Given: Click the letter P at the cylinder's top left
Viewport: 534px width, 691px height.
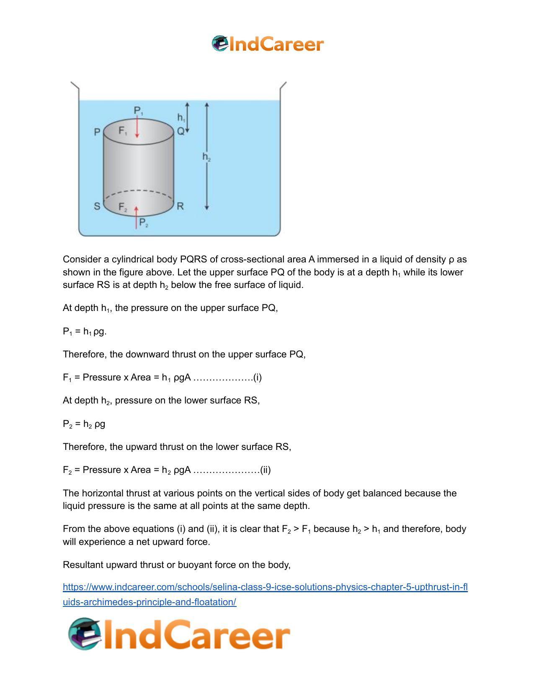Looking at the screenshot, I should click(x=97, y=132).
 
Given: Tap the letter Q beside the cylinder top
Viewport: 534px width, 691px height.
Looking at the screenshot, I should click(x=181, y=131).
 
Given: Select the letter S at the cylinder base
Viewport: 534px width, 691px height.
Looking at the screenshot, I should click(x=97, y=206).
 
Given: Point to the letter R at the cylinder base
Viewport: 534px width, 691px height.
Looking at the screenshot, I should click(x=180, y=206).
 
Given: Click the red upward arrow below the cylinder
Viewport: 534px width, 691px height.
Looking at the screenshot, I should click(x=136, y=217).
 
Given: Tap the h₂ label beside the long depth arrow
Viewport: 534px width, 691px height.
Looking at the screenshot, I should click(x=206, y=157).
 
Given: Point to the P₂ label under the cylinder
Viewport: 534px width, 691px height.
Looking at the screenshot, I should click(x=144, y=223).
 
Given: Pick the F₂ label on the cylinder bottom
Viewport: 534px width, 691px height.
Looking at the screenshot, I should click(x=123, y=207).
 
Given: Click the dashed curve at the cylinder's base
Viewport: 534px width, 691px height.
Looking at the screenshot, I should click(x=139, y=192).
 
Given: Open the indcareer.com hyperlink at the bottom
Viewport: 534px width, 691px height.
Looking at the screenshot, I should click(x=265, y=587).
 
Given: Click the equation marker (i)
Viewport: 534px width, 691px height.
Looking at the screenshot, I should click(x=257, y=378).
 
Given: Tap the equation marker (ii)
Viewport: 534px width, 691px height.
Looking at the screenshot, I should click(x=265, y=470).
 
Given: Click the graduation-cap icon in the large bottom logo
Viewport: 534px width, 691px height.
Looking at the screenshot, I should click(x=85, y=634).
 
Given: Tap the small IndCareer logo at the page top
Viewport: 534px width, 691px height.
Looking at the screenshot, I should click(x=268, y=44).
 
